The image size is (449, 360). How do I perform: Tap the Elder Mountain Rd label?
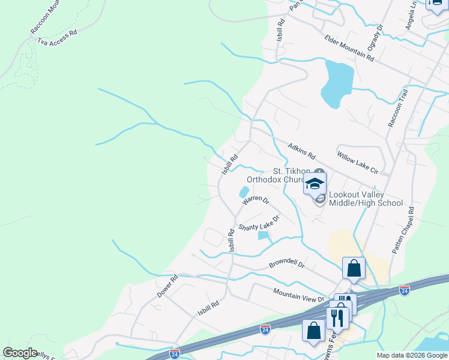(x=349, y=48)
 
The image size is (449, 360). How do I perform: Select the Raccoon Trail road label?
(x=398, y=108)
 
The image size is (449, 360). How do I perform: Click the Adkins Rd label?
(x=301, y=151)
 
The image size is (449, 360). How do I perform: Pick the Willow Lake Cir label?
(x=358, y=162)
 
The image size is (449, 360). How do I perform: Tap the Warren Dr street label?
(x=256, y=200)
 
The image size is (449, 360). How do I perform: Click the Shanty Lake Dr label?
(x=259, y=223)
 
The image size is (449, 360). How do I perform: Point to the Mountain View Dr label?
(x=298, y=295)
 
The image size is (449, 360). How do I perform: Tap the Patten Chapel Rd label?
(x=403, y=230)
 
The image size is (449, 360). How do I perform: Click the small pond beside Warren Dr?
(x=244, y=193)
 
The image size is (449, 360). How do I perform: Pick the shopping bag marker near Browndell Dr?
(x=354, y=268)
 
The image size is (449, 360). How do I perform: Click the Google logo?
(x=20, y=353)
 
